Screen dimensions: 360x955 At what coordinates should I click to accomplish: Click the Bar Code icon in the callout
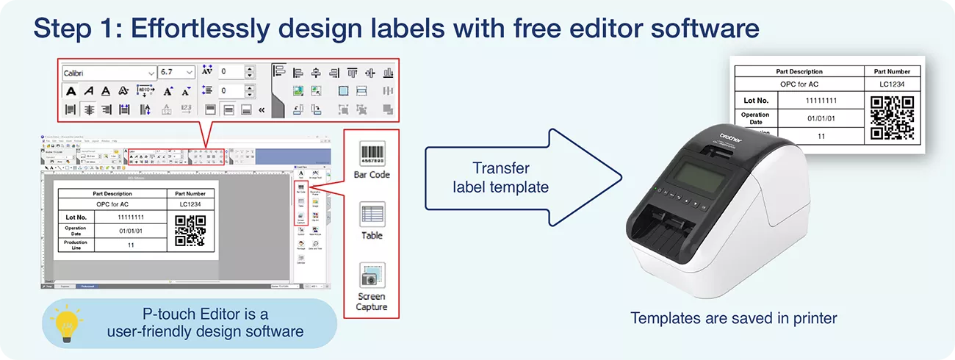[372, 154]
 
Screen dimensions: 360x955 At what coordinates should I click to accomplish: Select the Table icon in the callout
[372, 215]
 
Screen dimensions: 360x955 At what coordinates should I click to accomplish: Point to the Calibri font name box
[109, 72]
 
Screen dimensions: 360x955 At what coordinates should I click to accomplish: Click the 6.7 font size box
[176, 72]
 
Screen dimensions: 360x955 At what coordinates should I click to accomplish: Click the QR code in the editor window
[190, 231]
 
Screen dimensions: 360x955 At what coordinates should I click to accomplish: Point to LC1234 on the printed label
[893, 84]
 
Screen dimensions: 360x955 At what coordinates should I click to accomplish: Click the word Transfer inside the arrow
[500, 168]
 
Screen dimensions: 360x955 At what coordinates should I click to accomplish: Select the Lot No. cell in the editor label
[76, 217]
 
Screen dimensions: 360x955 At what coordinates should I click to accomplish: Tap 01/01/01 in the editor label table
[131, 231]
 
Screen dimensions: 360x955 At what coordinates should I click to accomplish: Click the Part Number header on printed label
[893, 71]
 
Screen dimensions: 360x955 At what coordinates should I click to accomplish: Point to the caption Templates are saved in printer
[733, 318]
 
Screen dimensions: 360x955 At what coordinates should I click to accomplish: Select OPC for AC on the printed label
[799, 84]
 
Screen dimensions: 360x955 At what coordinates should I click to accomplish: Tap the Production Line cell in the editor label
[76, 245]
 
